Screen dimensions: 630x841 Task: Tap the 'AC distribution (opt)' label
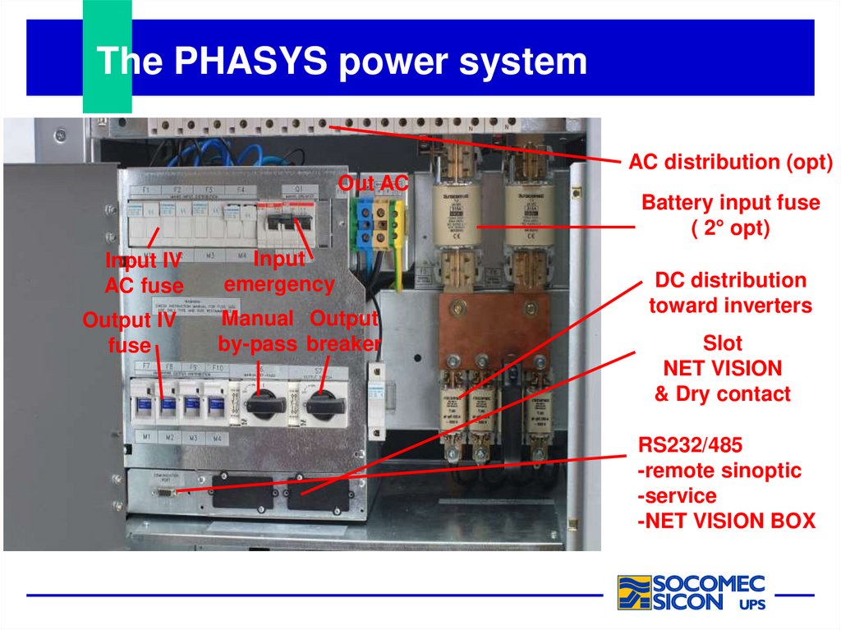(730, 163)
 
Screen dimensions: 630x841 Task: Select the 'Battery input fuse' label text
(730, 203)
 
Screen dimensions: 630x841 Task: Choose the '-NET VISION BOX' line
(727, 521)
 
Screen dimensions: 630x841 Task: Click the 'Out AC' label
(373, 184)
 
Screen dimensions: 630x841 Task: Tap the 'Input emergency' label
(279, 272)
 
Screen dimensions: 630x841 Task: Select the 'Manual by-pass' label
(257, 330)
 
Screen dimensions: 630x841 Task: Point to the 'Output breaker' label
(344, 330)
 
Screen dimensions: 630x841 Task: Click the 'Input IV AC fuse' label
(144, 274)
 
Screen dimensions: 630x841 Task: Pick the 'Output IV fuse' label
(130, 333)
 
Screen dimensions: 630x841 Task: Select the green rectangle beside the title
(107, 56)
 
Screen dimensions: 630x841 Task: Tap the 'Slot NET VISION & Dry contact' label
(722, 368)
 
